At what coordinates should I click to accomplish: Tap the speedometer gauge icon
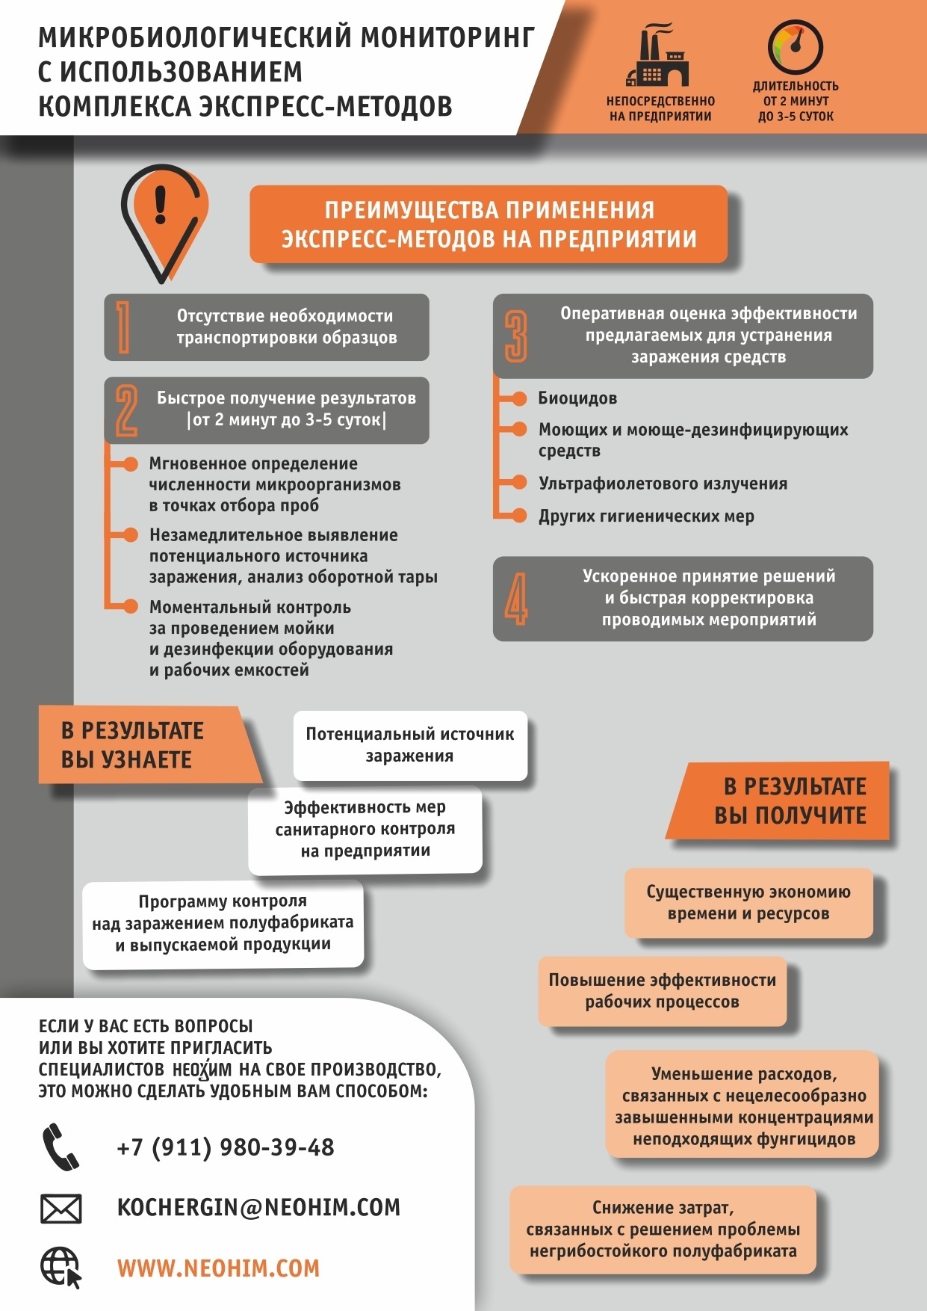(x=795, y=47)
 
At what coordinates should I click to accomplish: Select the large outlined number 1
(x=124, y=327)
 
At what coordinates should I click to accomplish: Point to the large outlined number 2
(x=126, y=410)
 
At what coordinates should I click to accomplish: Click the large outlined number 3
(x=515, y=336)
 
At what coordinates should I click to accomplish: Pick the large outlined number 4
(x=515, y=599)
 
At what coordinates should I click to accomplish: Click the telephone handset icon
(x=60, y=1147)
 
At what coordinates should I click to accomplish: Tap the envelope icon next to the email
(x=61, y=1208)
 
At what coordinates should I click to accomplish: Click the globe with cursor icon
(x=61, y=1268)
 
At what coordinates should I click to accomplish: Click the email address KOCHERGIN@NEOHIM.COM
(x=258, y=1207)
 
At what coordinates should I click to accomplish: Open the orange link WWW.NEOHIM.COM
(x=218, y=1268)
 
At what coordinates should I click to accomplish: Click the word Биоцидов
(x=577, y=398)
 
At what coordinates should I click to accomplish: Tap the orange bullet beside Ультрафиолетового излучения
(x=519, y=483)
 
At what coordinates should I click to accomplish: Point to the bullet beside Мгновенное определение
(x=130, y=464)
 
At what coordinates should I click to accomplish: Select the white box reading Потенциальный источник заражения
(x=410, y=745)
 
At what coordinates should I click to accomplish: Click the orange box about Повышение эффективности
(x=662, y=991)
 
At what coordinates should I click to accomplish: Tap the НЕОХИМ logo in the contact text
(x=202, y=1070)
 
